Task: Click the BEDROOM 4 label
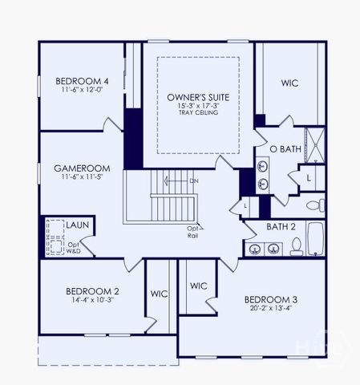(82, 81)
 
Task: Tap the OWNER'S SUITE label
(197, 97)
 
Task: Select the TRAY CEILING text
(197, 113)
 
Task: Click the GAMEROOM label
(82, 168)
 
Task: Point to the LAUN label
(77, 225)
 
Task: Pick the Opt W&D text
(74, 248)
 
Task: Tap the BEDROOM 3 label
(271, 300)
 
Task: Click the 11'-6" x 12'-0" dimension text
(82, 91)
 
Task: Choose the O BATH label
(284, 149)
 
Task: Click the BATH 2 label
(281, 227)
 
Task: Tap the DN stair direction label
(193, 181)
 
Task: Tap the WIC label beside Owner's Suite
(290, 83)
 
